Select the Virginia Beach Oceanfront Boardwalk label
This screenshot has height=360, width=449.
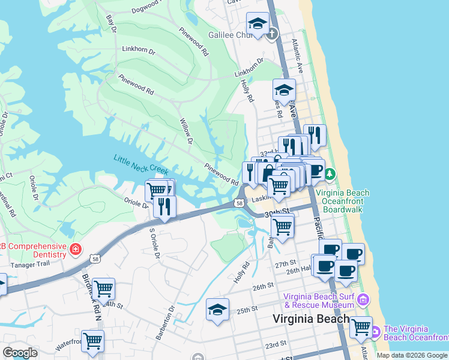[x=342, y=202]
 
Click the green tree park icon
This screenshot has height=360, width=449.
[x=330, y=174]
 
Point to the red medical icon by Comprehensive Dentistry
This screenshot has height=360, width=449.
[x=75, y=248]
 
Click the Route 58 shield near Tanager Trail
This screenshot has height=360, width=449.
[x=95, y=259]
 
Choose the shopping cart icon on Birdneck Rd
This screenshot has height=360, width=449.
[x=103, y=289]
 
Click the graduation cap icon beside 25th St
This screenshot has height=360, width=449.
[x=217, y=309]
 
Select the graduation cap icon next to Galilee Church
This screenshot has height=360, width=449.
[x=258, y=23]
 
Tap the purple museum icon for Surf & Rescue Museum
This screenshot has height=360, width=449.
[x=363, y=300]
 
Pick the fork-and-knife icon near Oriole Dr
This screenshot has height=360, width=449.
[x=164, y=206]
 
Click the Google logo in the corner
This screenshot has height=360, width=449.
[x=20, y=353]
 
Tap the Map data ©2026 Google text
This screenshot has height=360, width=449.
[x=411, y=355]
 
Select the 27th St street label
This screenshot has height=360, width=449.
[x=286, y=264]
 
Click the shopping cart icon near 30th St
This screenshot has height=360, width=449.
[x=282, y=226]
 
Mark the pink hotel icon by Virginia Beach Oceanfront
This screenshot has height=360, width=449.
[x=375, y=331]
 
